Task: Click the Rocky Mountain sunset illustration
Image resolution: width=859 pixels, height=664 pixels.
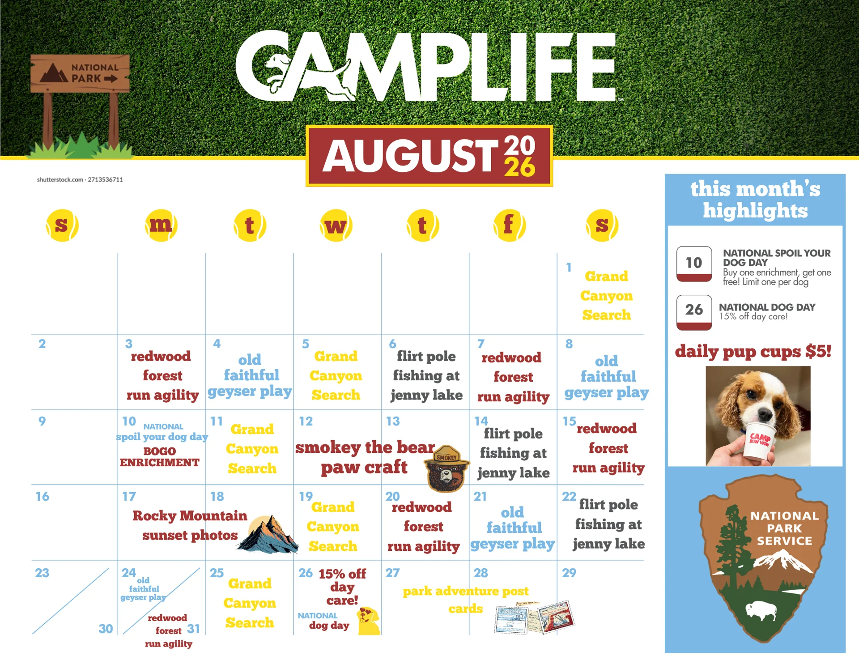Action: [x=268, y=534]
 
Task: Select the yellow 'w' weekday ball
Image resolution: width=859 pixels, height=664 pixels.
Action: [x=336, y=225]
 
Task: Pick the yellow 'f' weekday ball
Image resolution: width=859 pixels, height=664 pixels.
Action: [x=509, y=225]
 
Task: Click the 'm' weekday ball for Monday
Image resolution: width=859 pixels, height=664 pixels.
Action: [x=161, y=225]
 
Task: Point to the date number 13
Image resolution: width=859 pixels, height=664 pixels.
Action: [x=393, y=421]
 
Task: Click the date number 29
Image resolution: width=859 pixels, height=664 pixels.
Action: [x=569, y=573]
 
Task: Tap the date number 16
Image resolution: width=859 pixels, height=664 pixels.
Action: [x=43, y=496]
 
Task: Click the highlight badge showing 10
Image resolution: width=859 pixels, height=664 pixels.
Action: [x=694, y=264]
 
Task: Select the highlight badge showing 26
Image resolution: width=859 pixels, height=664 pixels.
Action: [x=694, y=312]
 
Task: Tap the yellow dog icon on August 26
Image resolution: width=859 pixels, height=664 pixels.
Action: [x=368, y=621]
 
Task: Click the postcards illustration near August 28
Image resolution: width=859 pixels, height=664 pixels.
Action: [x=534, y=617]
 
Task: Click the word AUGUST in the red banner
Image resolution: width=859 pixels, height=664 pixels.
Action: [x=410, y=156]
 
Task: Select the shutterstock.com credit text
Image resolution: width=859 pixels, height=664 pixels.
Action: [x=80, y=179]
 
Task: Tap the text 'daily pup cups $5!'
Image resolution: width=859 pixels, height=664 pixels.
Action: [x=753, y=352]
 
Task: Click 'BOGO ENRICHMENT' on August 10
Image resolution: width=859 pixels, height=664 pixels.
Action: [x=160, y=457]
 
